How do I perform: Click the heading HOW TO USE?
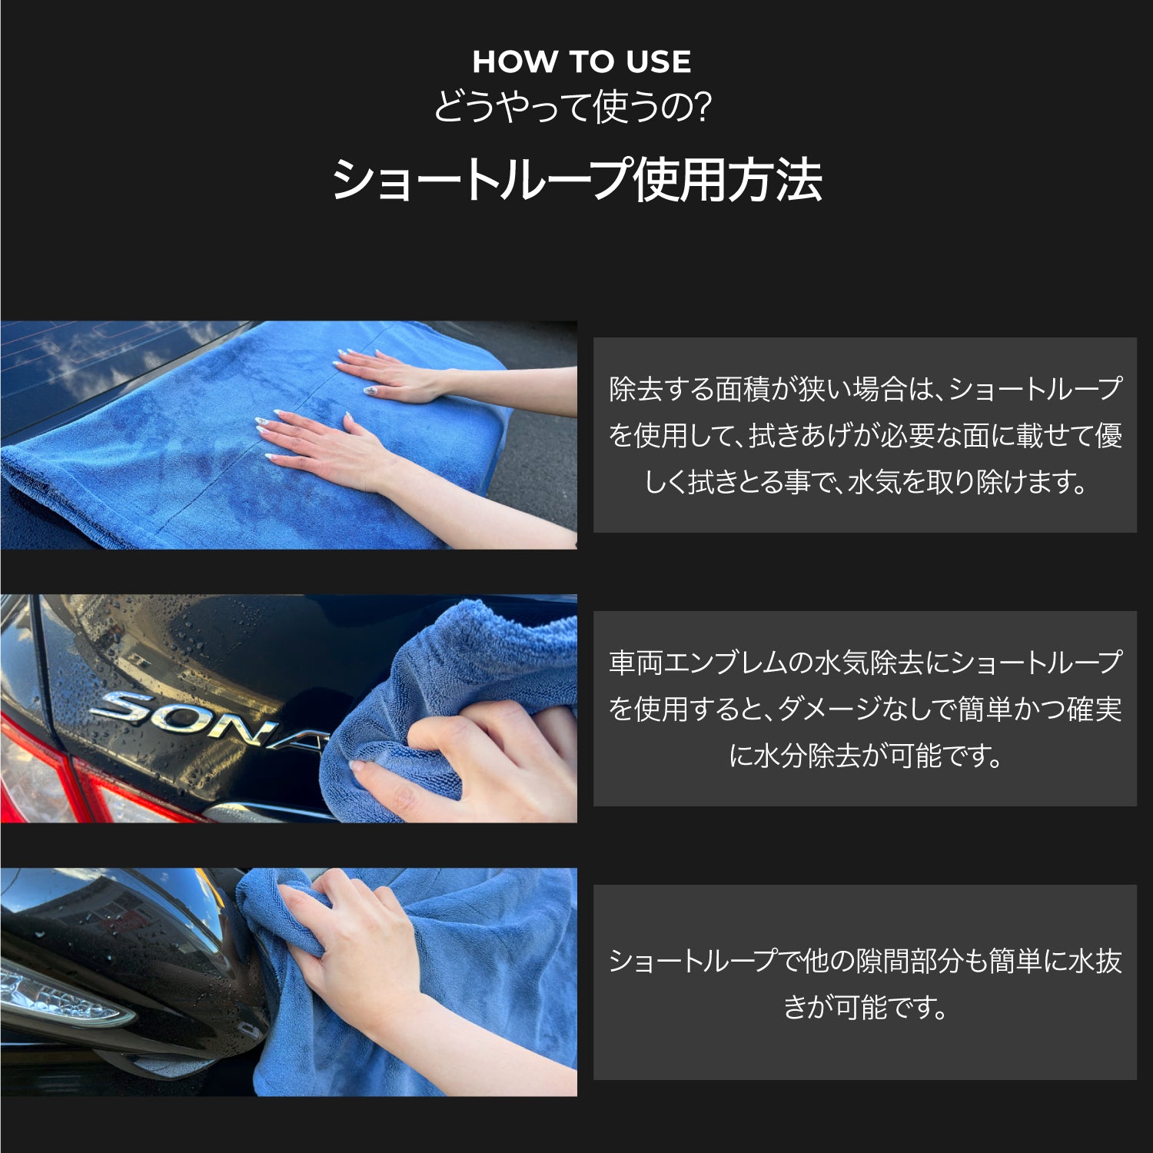[x=581, y=62]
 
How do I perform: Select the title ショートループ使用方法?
[x=576, y=180]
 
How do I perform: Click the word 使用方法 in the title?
[x=727, y=180]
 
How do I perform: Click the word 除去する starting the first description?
[x=662, y=389]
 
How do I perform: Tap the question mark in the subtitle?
[x=701, y=107]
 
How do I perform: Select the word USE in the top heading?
[x=658, y=62]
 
